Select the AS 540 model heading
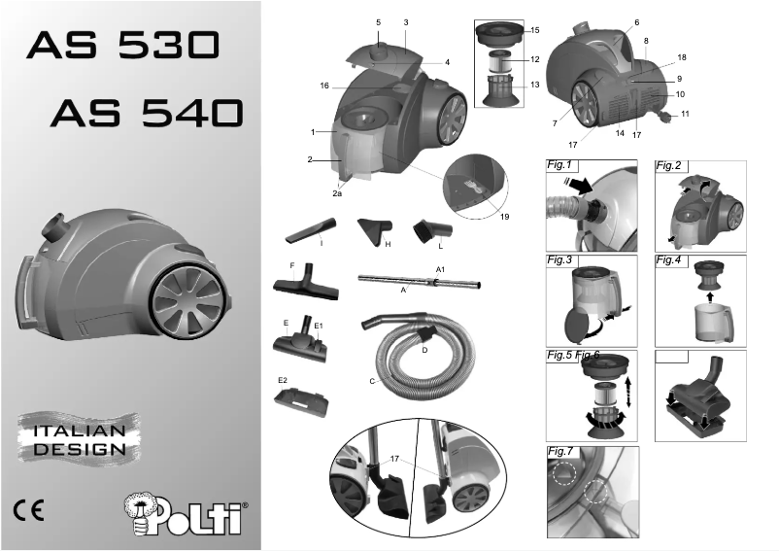146,114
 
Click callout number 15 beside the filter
534,31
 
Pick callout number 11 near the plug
684,114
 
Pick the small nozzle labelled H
375,230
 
